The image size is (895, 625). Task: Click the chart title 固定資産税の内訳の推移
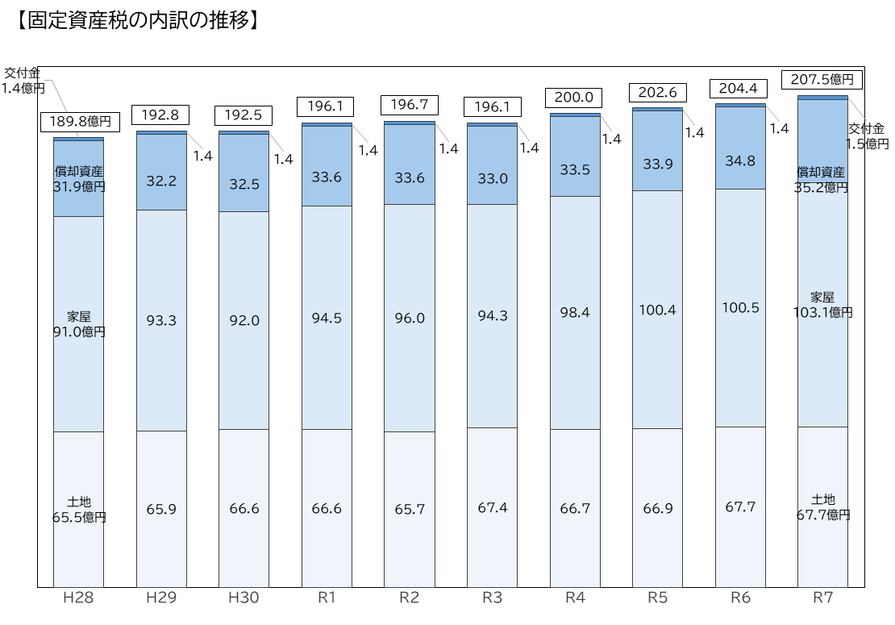138,20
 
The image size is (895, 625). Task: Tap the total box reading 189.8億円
80,122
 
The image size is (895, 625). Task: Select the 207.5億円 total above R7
822,79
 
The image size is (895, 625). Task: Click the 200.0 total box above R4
573,98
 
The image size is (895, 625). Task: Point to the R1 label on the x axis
327,598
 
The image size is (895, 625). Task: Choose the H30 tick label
244,598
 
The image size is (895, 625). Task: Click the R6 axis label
740,598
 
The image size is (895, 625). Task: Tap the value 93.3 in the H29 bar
161,321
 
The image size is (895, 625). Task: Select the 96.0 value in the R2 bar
410,319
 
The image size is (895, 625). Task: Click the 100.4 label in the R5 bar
658,310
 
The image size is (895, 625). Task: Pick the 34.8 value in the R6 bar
740,161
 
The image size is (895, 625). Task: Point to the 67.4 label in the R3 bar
493,507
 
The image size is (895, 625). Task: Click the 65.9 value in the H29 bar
161,509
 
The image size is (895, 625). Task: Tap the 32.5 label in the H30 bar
244,185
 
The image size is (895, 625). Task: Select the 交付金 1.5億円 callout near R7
867,136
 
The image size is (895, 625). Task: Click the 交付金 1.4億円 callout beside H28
23,81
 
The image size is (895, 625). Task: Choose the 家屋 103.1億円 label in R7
822,305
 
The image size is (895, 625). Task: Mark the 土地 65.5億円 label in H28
79,510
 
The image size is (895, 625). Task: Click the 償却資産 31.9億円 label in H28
79,179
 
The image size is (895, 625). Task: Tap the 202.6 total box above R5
658,93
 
